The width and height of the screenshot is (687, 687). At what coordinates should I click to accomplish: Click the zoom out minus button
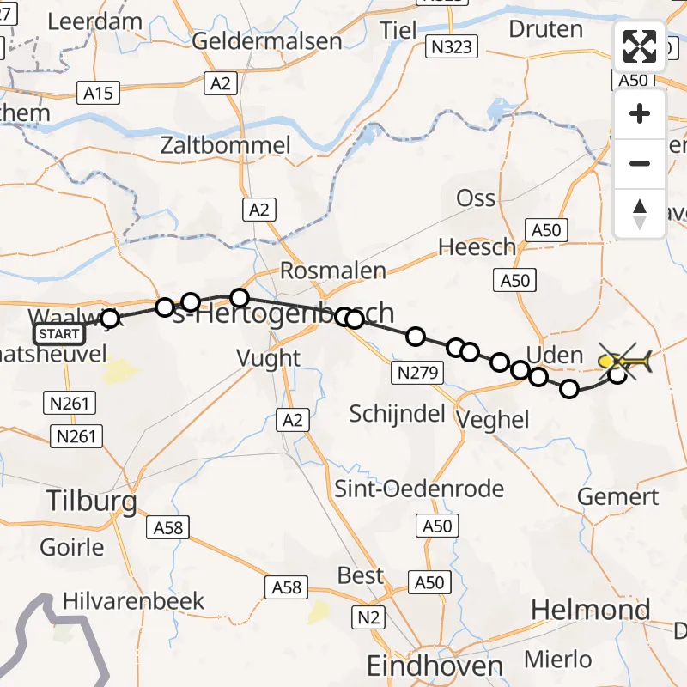tap(640, 163)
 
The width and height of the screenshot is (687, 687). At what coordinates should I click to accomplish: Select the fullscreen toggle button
tap(640, 46)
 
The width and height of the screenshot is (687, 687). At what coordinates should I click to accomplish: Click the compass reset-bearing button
tap(640, 214)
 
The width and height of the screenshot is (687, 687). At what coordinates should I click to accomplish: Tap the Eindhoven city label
tap(435, 666)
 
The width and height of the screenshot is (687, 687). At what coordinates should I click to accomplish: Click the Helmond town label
tap(587, 610)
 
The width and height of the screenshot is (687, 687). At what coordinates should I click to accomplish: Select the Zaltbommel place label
tap(226, 144)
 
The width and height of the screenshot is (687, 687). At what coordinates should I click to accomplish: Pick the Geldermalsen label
tap(267, 40)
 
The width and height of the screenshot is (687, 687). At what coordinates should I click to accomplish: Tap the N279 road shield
tap(418, 373)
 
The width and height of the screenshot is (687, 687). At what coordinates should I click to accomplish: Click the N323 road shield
tap(451, 46)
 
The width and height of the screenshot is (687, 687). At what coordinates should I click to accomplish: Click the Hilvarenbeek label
tap(133, 599)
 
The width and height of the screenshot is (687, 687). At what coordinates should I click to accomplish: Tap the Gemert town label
tap(617, 496)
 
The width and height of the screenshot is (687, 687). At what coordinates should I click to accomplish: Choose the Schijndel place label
tap(397, 414)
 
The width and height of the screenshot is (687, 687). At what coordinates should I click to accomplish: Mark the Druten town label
tap(545, 29)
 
